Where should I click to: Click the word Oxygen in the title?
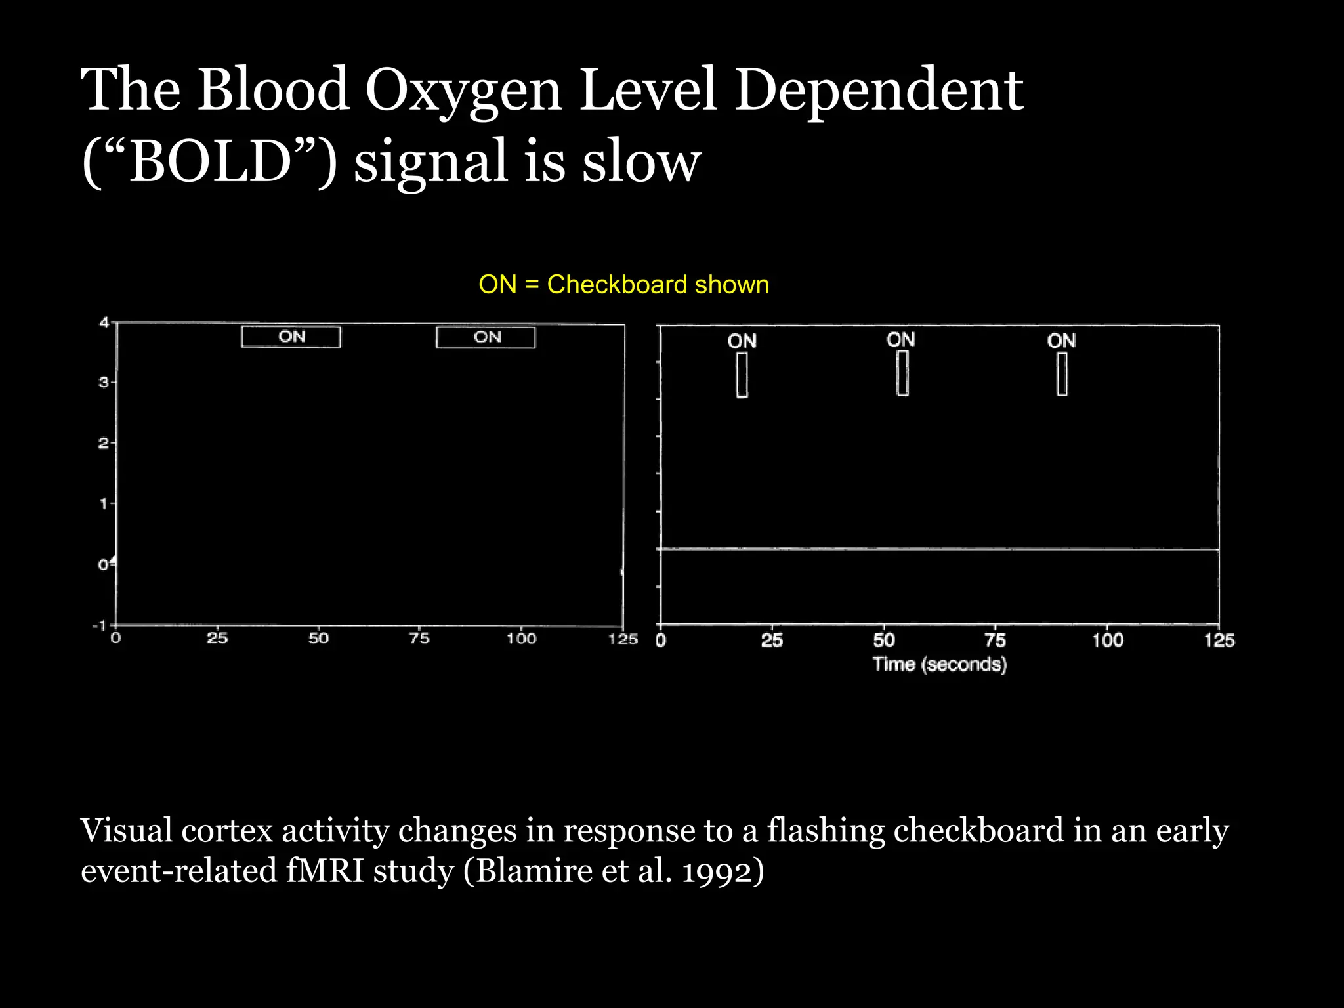[463, 92]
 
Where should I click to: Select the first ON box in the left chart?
[291, 337]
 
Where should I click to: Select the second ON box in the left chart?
[486, 337]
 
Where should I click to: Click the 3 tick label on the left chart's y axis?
[104, 382]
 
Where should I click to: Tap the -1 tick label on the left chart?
[100, 625]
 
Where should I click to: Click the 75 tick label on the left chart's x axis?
[419, 639]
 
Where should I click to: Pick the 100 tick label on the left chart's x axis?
[521, 639]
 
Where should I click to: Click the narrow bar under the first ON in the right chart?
[742, 375]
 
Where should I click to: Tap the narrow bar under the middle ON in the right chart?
[902, 373]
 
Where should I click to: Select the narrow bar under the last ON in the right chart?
[1062, 374]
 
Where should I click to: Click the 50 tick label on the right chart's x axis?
[883, 640]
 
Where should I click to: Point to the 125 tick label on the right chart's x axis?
[1219, 640]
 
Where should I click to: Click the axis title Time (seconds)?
[939, 664]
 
